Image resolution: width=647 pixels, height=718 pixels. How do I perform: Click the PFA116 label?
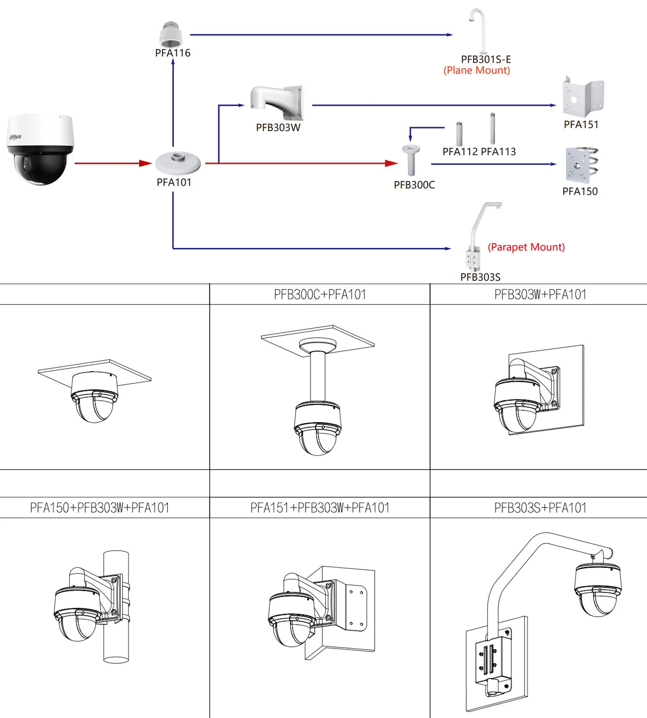click(173, 53)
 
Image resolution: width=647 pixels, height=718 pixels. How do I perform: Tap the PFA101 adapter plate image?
click(178, 163)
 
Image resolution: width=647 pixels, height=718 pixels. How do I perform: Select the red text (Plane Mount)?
click(477, 70)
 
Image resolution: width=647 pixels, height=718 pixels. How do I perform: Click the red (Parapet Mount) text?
click(526, 247)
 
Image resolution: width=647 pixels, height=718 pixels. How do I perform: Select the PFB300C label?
click(414, 185)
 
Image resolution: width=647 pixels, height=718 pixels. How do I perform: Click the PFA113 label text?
click(498, 152)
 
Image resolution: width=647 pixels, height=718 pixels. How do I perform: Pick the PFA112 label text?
click(460, 152)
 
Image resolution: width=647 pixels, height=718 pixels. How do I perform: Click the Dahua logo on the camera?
click(16, 137)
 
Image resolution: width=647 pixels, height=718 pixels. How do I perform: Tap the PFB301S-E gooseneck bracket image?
click(478, 30)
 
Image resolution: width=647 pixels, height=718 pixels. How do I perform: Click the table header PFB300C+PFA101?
click(320, 295)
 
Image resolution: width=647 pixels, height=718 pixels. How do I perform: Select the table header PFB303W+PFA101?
click(540, 295)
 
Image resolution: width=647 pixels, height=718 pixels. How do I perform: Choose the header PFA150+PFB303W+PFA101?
click(99, 508)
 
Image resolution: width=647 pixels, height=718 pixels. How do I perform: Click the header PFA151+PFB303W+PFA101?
click(320, 508)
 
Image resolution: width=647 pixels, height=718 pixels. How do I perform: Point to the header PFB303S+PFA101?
click(540, 508)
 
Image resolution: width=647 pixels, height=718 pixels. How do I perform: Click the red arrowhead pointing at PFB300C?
click(391, 163)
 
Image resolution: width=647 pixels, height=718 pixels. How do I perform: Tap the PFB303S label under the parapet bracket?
click(480, 277)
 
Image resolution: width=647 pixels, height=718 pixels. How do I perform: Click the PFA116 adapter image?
click(171, 34)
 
